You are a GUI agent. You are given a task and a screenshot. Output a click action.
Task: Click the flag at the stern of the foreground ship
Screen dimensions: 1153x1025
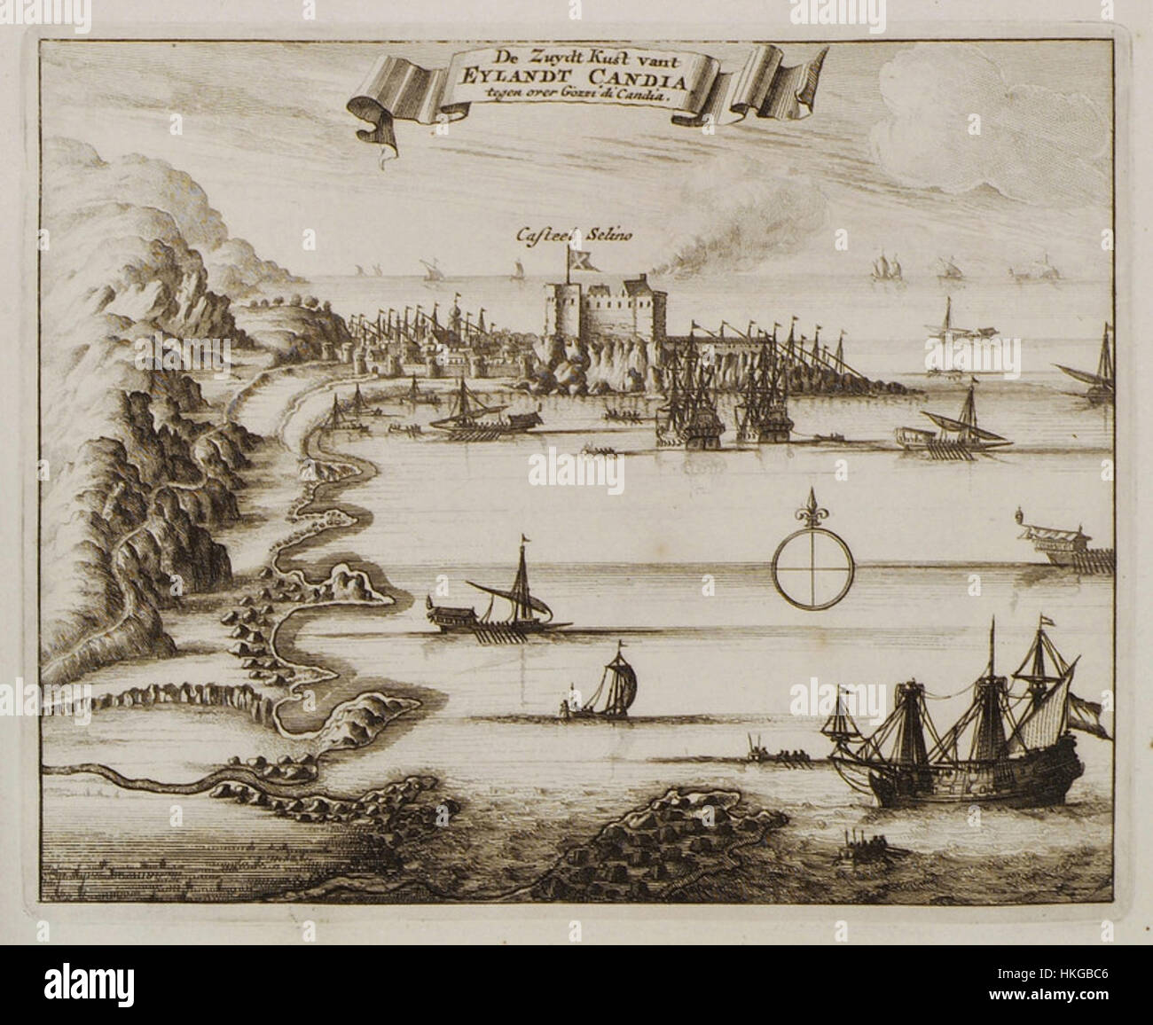pyautogui.click(x=1094, y=709)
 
